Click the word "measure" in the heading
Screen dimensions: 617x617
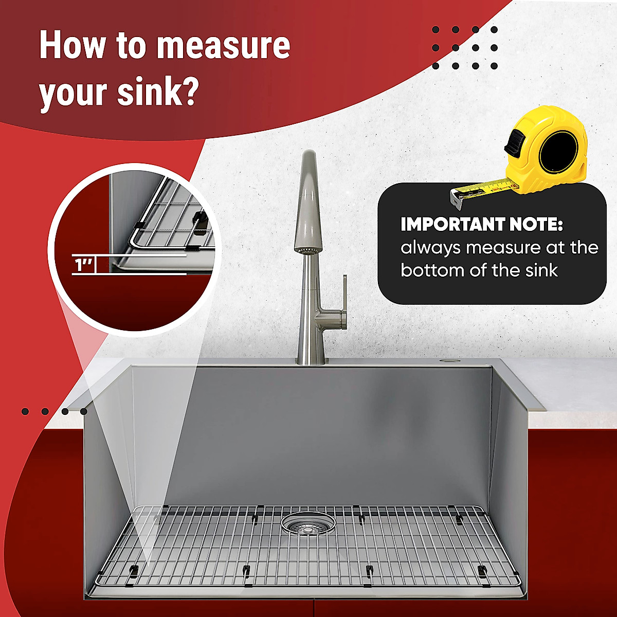pos(223,45)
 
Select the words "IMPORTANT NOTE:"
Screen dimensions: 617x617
pos(482,225)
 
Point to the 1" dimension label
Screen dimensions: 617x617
pos(83,265)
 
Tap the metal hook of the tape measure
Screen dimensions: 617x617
pos(456,197)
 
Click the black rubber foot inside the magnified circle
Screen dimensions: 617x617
pos(200,221)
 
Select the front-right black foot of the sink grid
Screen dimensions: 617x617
pos(482,570)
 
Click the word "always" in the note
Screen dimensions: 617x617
pos(430,247)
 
